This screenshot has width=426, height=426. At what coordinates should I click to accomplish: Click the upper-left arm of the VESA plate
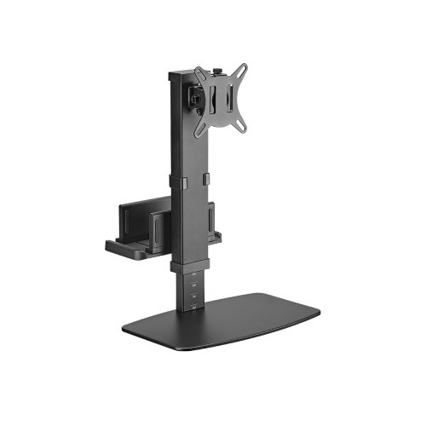click(200, 73)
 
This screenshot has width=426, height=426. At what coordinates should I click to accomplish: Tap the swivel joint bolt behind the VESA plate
click(195, 100)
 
